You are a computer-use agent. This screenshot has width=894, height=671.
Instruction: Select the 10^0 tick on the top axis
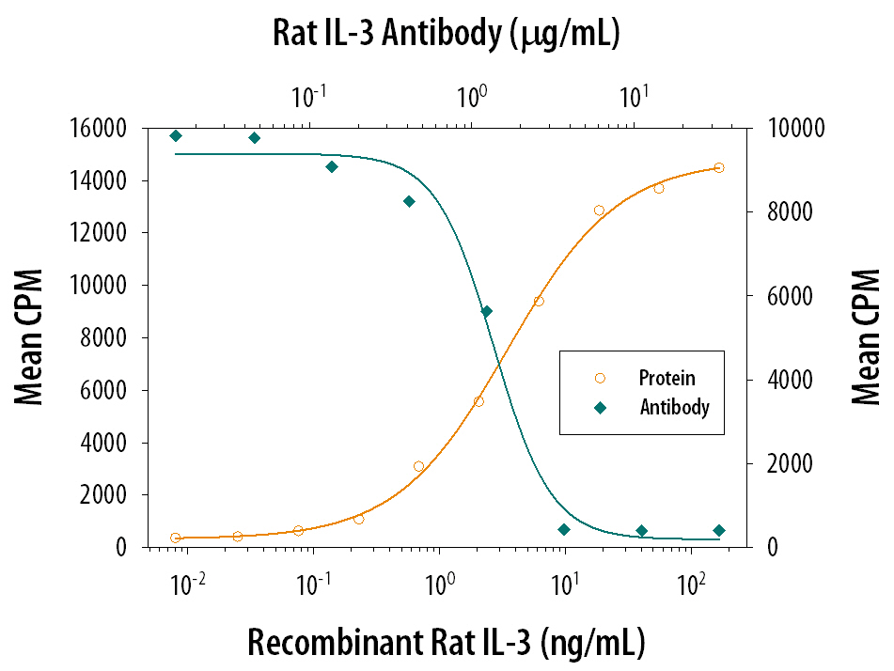pos(470,97)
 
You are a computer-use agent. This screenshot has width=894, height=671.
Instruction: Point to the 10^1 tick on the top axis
pos(635,97)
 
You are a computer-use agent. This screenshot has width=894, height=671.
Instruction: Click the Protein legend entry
pos(667,379)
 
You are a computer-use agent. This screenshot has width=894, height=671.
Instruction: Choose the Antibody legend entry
pos(674,408)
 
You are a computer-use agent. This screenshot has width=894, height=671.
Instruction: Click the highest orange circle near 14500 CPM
pos(719,167)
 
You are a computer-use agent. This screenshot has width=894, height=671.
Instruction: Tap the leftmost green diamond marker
pos(176,136)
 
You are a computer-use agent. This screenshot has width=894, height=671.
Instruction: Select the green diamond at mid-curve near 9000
pos(486,311)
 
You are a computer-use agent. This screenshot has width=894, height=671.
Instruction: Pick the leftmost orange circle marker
pos(176,538)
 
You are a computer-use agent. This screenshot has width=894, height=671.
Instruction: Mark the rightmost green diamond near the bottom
pos(719,530)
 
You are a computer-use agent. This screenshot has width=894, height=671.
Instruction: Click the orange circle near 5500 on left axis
pos(478,401)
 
